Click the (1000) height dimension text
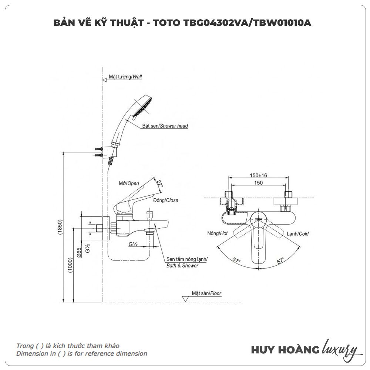(70, 265)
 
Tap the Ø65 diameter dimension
(79, 252)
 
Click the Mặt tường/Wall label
(125, 77)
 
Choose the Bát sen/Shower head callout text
(165, 126)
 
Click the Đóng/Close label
(165, 200)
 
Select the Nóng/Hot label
(217, 233)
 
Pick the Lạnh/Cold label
(297, 234)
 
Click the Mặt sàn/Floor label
(206, 293)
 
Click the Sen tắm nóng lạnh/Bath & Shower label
(187, 262)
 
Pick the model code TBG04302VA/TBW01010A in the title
(247, 23)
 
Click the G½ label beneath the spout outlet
(133, 245)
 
